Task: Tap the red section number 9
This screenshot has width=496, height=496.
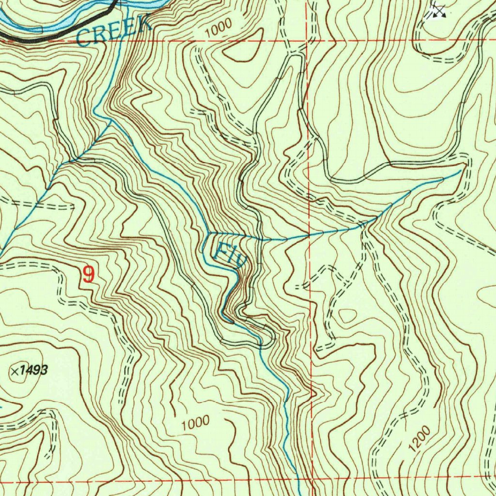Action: coord(89,275)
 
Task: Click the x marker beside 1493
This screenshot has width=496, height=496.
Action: coord(15,372)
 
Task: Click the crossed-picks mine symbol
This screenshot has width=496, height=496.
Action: coord(438,10)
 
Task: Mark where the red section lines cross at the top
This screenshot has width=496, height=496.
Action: coord(308,41)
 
